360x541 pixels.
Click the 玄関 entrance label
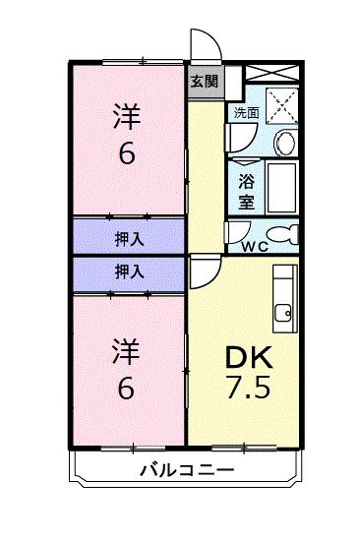click(204, 81)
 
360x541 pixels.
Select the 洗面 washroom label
click(246, 113)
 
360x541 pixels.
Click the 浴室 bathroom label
click(246, 189)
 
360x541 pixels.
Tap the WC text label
click(255, 246)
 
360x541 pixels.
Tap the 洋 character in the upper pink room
click(127, 117)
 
